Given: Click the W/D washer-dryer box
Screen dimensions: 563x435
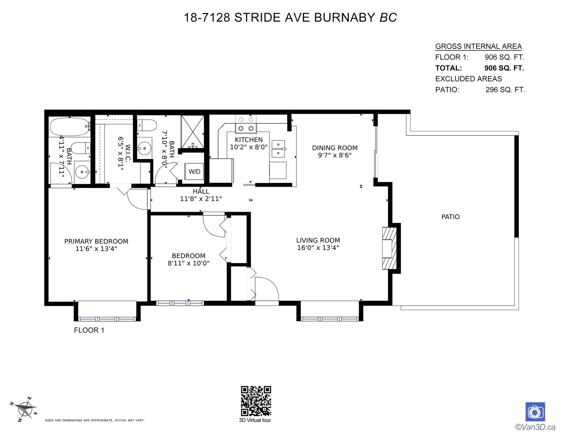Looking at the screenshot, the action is point(194,171).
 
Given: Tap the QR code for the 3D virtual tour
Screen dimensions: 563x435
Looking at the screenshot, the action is point(256,401).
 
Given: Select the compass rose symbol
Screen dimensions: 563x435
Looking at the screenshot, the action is point(25,410).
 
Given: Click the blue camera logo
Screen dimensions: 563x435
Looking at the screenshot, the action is point(535,412).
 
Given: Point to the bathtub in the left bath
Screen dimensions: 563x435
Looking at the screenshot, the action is point(69,126).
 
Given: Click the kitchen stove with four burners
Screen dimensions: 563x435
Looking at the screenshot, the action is point(246,123).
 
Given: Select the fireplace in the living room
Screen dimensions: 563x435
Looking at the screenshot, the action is point(390,248).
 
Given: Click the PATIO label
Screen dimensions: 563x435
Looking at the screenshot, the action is point(450,217).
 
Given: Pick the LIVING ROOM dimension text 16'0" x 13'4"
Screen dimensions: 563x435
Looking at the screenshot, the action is point(318,248).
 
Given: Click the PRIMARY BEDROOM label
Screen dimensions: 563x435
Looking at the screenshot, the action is point(96,241).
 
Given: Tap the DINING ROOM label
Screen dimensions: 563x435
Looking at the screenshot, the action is point(335,148).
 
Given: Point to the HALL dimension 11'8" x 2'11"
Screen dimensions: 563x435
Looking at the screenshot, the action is point(201,199).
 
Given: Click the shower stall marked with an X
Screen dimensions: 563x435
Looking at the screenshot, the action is point(192,132).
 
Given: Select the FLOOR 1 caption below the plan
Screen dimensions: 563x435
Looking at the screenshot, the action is point(89,330).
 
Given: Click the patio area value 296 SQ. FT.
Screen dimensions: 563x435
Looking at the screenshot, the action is point(505,90).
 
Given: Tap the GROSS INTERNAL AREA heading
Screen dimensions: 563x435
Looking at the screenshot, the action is point(478,46).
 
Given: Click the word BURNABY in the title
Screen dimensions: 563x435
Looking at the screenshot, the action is point(344,18).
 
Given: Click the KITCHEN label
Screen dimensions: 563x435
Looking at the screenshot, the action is point(249,140).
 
